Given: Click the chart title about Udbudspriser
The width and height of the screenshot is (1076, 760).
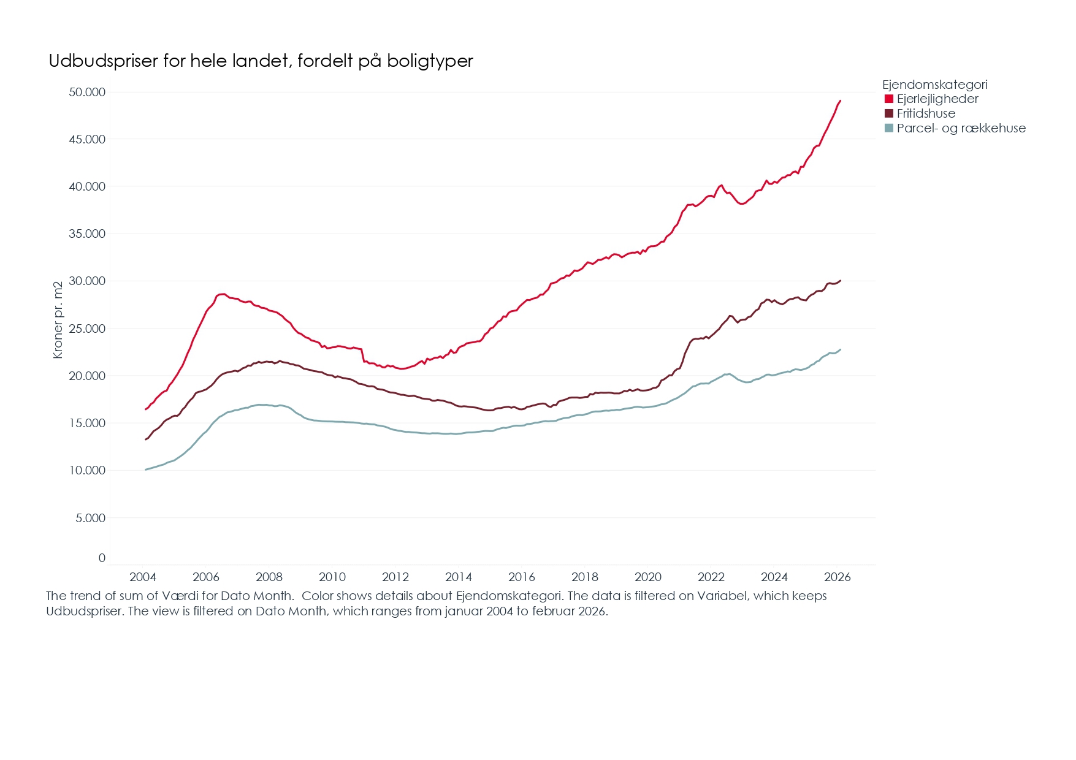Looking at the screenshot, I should click(261, 61).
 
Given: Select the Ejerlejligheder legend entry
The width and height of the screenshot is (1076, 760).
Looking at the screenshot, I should click(937, 99).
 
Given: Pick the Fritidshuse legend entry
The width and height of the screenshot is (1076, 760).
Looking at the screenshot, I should click(926, 113).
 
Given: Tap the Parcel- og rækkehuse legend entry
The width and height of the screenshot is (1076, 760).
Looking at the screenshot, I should click(961, 128).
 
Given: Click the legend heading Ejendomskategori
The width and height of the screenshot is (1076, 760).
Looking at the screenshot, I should click(934, 85).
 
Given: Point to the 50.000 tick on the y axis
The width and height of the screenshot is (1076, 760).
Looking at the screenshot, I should click(87, 92).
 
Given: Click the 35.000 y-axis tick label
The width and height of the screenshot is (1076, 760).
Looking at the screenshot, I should click(87, 234).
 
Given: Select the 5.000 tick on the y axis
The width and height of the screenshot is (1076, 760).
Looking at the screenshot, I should click(90, 518).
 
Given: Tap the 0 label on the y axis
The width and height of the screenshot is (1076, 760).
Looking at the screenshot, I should click(102, 558).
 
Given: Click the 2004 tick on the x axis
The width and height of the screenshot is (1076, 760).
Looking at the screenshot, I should click(143, 577).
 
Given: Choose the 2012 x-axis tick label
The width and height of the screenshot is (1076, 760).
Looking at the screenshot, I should click(395, 577).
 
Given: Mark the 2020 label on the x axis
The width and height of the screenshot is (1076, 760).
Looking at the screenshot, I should click(648, 577).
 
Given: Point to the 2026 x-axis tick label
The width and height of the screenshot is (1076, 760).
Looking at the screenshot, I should click(838, 577).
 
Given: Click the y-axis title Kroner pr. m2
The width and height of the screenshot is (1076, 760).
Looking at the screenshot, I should click(58, 320).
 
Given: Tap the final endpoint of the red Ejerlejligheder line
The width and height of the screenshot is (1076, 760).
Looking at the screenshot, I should click(840, 101).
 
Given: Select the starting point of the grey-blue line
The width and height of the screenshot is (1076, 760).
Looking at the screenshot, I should click(145, 469).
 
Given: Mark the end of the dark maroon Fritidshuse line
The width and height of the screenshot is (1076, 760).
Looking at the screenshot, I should click(840, 281).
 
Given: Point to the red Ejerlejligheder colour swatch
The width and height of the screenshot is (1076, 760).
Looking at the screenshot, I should click(889, 99).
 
